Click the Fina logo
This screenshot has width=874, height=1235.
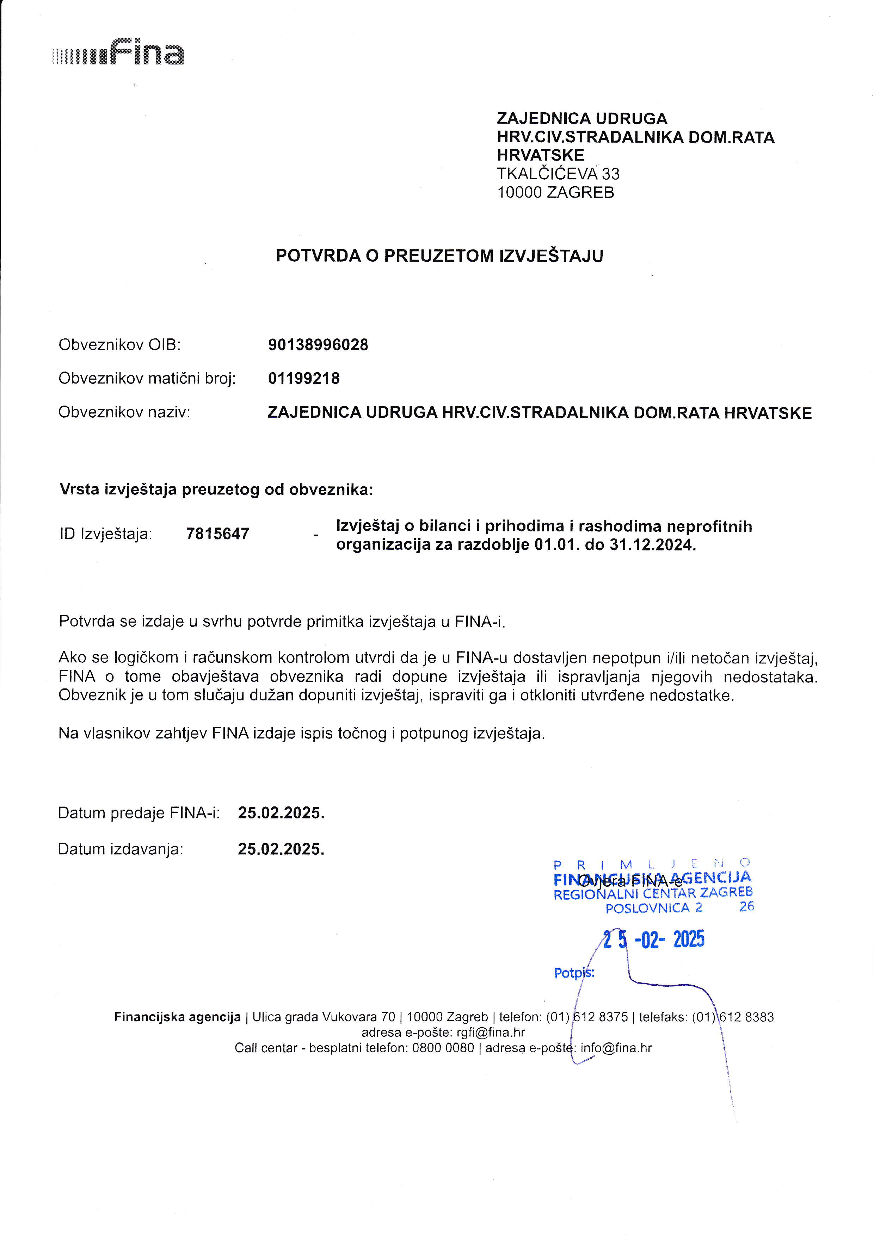[x=118, y=53]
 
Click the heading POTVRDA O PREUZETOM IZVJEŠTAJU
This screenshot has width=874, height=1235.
[x=439, y=256]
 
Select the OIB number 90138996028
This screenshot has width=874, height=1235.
[x=318, y=345]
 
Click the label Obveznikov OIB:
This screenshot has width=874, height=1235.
[x=119, y=345]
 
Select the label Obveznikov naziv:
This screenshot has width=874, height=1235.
[x=124, y=413]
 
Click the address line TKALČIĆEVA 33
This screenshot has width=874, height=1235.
[x=558, y=174]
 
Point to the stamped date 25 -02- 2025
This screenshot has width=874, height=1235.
[x=653, y=940]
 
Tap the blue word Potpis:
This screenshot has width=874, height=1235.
[x=574, y=973]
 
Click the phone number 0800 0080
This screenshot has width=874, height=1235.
[x=443, y=1048]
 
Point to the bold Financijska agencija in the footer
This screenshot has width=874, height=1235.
[x=177, y=1017]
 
